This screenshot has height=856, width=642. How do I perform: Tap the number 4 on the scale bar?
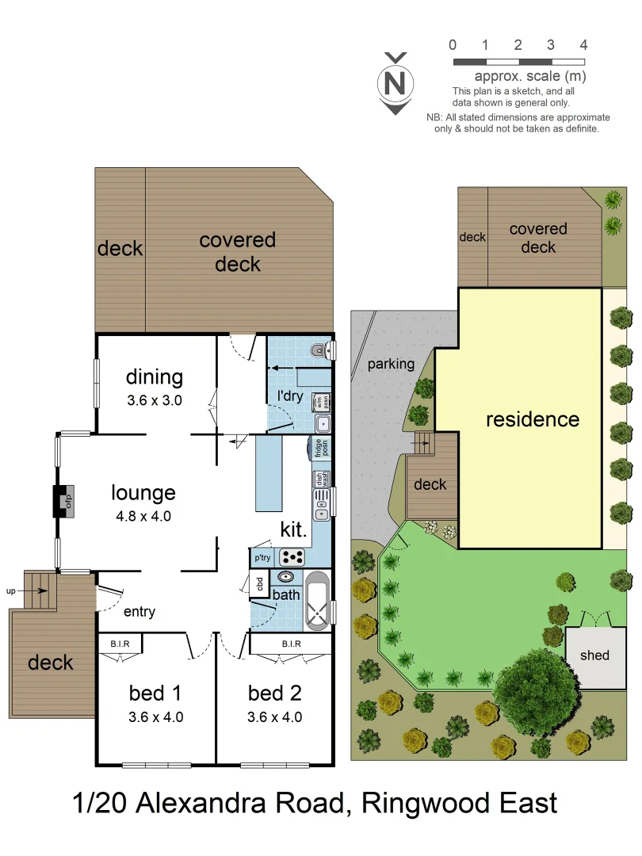(x=583, y=44)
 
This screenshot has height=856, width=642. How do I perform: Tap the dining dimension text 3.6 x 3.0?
(x=155, y=400)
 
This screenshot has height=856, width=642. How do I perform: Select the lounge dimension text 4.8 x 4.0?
(x=143, y=515)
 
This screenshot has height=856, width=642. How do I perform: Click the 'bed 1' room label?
(x=155, y=694)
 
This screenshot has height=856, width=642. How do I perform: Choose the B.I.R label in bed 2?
(x=291, y=644)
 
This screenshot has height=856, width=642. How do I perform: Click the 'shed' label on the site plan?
(x=594, y=655)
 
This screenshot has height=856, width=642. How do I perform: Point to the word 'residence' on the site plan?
(x=533, y=419)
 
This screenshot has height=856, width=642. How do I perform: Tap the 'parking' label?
(x=391, y=365)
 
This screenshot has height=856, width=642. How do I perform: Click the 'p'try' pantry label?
(x=262, y=558)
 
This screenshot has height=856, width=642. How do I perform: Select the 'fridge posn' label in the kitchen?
(x=320, y=448)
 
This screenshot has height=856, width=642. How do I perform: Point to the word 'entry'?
(x=139, y=612)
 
